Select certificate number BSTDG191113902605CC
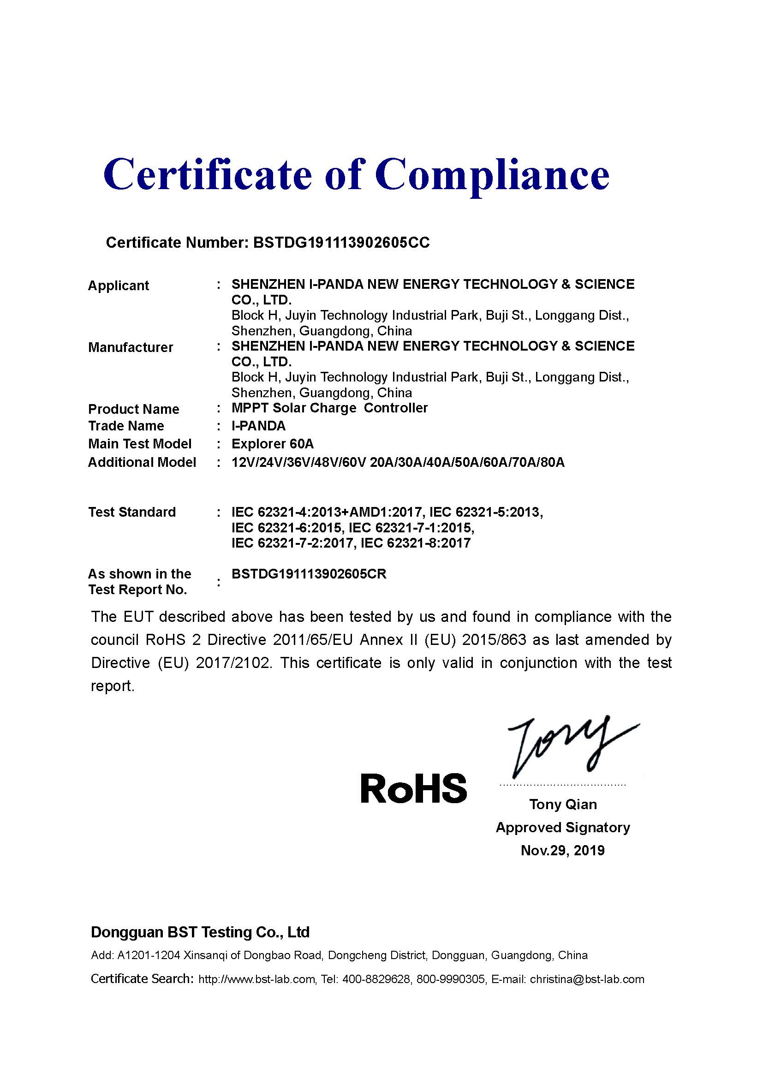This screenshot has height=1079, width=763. (x=341, y=243)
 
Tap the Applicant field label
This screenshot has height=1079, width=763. (x=119, y=286)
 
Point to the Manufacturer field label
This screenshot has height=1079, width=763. (x=131, y=348)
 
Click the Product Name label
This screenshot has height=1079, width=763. (x=133, y=409)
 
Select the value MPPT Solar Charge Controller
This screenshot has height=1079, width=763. (x=329, y=408)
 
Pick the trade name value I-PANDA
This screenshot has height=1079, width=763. (x=258, y=426)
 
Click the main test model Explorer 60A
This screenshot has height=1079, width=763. (x=273, y=444)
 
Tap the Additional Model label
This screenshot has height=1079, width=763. (x=142, y=462)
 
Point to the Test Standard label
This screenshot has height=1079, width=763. (x=132, y=512)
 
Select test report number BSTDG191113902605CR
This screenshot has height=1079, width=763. (x=309, y=574)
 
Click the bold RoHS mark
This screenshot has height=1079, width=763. (x=413, y=788)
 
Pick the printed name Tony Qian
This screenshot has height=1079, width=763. (x=563, y=805)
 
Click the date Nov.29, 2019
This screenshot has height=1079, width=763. (x=562, y=851)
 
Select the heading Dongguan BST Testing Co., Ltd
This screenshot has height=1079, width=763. (x=200, y=932)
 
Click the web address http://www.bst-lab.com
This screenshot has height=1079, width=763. (x=256, y=979)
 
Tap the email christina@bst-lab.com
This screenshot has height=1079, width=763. (x=587, y=979)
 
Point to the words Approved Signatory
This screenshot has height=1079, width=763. (x=563, y=828)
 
